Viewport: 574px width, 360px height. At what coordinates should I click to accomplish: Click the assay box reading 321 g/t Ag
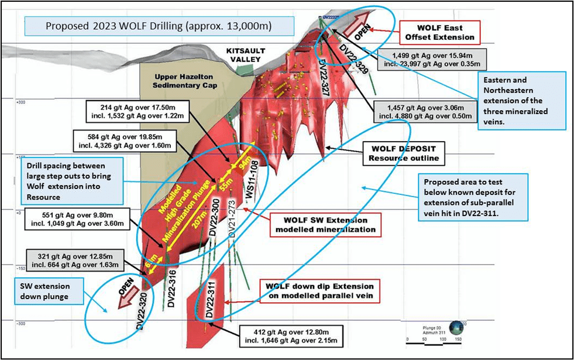[x=75, y=259]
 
